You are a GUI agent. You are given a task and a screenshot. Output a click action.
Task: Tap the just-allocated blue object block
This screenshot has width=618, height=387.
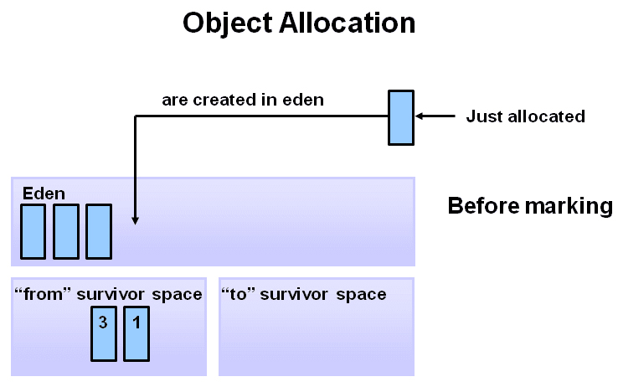tap(400, 116)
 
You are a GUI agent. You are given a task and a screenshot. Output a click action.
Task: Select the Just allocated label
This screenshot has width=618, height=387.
tap(525, 116)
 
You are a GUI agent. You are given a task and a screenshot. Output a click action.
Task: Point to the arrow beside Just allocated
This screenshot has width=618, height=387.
tap(435, 116)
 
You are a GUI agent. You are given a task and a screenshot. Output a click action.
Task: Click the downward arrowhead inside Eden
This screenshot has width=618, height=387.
tap(136, 219)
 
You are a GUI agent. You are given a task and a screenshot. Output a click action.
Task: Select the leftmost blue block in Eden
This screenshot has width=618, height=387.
tap(33, 231)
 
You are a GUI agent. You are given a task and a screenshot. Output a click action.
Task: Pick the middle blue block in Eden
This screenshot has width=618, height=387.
tap(66, 231)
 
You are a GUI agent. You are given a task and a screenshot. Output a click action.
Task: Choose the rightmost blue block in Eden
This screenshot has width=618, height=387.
tap(99, 231)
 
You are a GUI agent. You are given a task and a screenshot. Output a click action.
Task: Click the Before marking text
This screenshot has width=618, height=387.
tap(530, 206)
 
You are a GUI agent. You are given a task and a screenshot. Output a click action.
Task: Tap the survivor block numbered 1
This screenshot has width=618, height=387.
tap(136, 333)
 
